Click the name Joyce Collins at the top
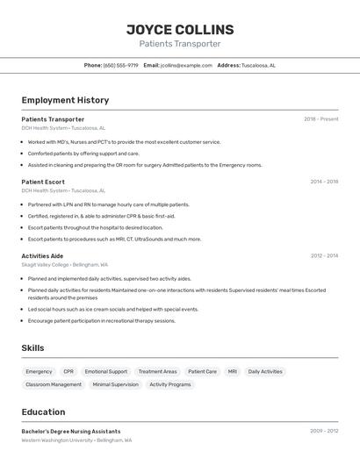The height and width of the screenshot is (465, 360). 180,29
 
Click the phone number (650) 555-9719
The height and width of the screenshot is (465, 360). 120,65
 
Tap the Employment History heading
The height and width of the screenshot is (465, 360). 65,100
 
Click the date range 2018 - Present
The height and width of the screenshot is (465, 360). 320,119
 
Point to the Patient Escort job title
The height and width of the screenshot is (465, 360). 43,182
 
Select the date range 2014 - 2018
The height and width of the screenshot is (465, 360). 324,182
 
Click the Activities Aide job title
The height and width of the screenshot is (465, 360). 42,256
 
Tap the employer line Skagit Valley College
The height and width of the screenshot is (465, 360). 65,264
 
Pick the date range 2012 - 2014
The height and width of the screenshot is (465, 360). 324,256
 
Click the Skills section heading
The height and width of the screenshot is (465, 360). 32,348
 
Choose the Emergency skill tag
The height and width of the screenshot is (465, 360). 39,372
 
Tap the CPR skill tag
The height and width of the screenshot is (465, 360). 68,372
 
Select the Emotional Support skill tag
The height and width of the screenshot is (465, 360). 106,372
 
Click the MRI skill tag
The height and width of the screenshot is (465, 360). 232,372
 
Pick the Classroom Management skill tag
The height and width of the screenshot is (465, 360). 54,384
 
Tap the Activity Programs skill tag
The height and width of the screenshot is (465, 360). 169,384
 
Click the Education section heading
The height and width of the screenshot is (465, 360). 43,412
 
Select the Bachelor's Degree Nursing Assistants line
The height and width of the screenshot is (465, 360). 71,432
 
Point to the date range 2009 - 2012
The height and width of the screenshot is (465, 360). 324,432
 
